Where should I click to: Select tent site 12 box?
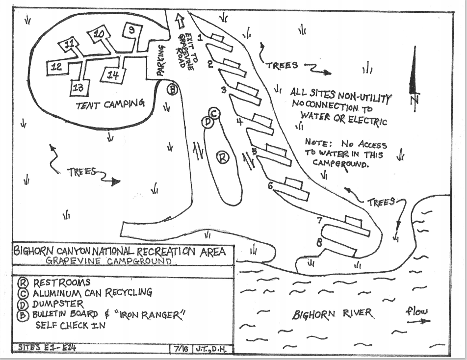tap(57, 67)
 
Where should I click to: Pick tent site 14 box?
tap(113, 75)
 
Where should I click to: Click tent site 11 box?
tap(70, 45)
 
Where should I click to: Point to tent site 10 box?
tap(99, 34)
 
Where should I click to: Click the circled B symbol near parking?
tap(173, 89)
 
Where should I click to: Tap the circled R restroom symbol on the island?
tap(223, 157)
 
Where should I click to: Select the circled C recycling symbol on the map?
tap(215, 113)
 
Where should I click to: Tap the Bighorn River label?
tap(333, 314)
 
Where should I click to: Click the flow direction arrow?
tap(418, 321)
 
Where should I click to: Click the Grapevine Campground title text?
tap(109, 261)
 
